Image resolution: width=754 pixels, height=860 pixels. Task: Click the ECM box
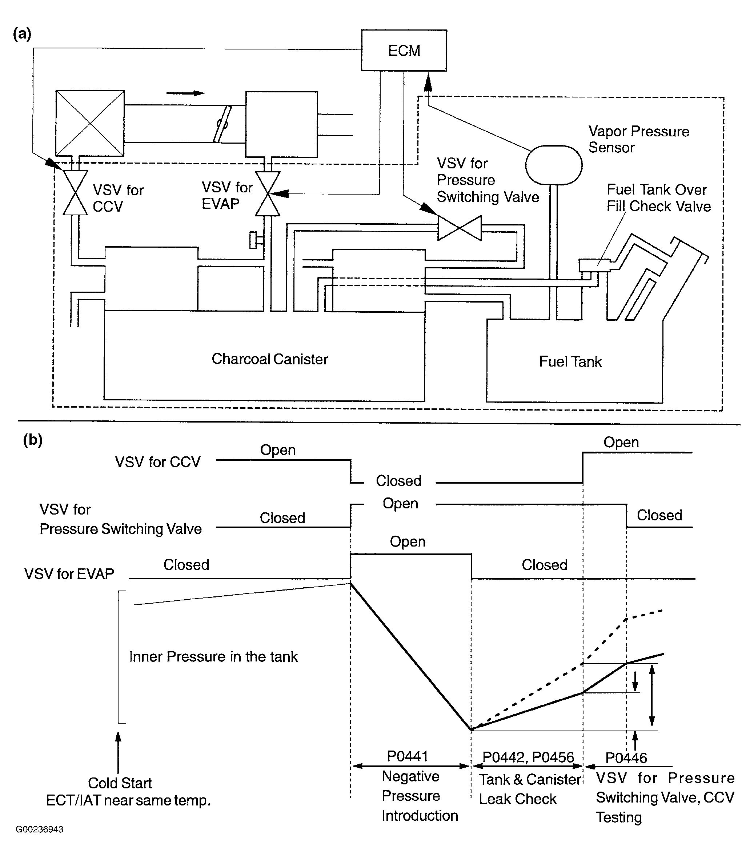tap(404, 51)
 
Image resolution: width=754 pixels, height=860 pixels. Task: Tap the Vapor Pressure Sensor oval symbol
tap(554, 165)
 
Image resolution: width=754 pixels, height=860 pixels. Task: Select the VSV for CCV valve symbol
tap(75, 193)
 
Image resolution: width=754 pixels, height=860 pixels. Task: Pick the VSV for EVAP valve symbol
tap(268, 193)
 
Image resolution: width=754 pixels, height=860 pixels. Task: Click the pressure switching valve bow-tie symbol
tap(460, 228)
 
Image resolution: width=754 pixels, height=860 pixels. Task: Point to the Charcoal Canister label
tap(269, 359)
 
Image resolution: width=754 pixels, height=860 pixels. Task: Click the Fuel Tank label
tap(570, 361)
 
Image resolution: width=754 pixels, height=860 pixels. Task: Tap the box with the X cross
tap(90, 123)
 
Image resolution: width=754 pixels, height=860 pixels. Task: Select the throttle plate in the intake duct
tap(222, 124)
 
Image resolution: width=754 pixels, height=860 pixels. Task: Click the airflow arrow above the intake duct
tap(185, 93)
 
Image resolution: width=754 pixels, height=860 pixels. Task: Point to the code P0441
tap(407, 756)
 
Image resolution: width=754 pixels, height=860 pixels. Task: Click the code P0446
tap(626, 758)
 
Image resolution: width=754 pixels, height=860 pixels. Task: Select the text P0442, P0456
tap(528, 757)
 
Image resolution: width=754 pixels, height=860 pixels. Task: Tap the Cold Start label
tap(120, 783)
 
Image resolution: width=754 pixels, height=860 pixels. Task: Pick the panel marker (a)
tap(22, 34)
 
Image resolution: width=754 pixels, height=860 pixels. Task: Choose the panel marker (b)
tap(32, 440)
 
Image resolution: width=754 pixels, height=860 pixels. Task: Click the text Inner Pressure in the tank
tap(213, 657)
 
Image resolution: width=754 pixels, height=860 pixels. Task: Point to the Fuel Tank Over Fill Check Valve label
tap(658, 198)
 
